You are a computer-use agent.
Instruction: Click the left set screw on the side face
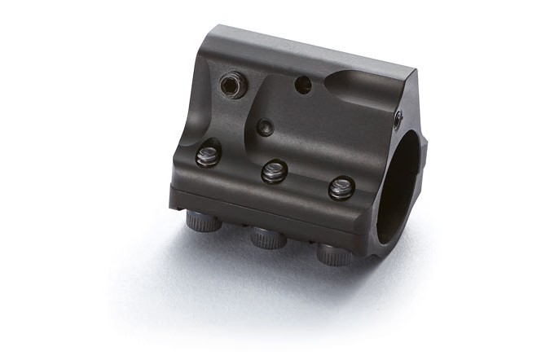[208, 156]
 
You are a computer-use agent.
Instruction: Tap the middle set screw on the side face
[273, 171]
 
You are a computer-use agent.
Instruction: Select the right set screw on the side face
[341, 188]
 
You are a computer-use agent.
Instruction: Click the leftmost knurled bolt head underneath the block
[200, 220]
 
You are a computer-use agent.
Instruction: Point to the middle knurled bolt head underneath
[265, 237]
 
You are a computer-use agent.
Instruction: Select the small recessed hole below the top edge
[265, 126]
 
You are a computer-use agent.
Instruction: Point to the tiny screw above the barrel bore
[398, 120]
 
